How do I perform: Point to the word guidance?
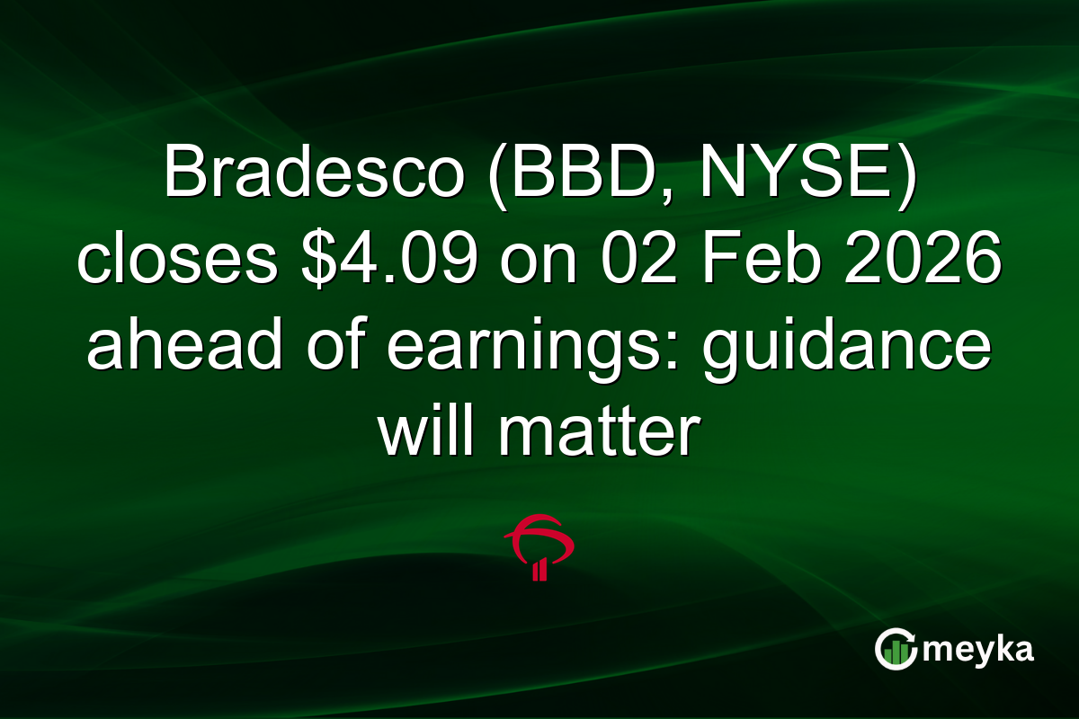tap(847, 351)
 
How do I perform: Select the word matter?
tap(598, 436)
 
